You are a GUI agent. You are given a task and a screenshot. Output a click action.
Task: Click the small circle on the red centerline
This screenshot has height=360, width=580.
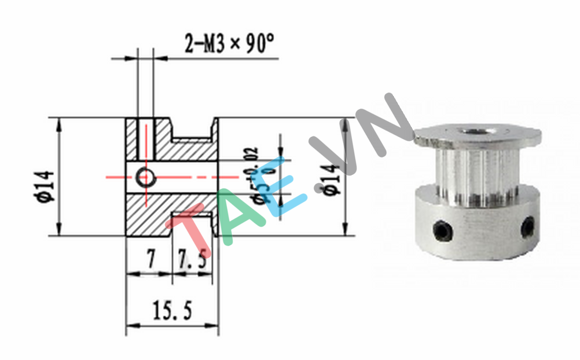coord(145,178)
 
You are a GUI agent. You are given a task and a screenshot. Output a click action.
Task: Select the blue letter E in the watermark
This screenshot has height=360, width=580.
coord(285,186)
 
